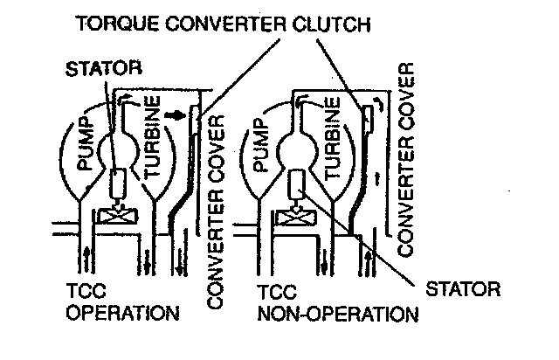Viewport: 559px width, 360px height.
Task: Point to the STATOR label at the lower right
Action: [x=461, y=286]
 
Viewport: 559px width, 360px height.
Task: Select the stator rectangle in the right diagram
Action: [x=298, y=183]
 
